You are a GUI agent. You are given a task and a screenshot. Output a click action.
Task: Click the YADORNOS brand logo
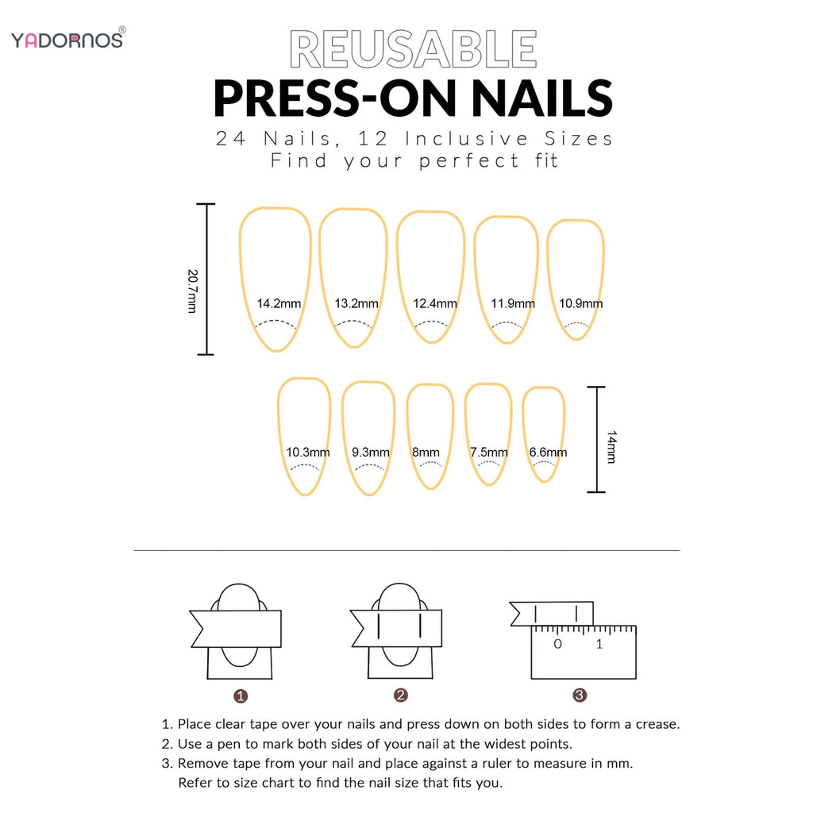(67, 39)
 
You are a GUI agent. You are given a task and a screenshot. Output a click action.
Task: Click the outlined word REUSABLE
(413, 49)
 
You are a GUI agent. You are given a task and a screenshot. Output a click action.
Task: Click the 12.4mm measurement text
(435, 303)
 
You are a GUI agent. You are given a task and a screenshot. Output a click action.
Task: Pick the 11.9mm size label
(513, 303)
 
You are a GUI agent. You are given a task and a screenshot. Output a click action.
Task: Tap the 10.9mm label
(580, 303)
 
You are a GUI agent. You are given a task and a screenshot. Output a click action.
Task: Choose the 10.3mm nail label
(308, 453)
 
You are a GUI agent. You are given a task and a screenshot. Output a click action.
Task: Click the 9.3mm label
(371, 453)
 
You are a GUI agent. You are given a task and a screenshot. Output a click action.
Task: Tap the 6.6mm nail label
(548, 453)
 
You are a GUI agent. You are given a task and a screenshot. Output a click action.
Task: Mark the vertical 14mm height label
(611, 448)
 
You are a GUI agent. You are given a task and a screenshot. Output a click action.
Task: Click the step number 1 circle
(241, 696)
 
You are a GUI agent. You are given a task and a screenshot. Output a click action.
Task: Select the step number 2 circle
(401, 695)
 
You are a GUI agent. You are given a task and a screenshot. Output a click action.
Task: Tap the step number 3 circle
(580, 695)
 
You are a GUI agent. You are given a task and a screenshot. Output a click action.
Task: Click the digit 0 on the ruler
(557, 644)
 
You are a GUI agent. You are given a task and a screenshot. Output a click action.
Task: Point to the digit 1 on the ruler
(599, 644)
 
